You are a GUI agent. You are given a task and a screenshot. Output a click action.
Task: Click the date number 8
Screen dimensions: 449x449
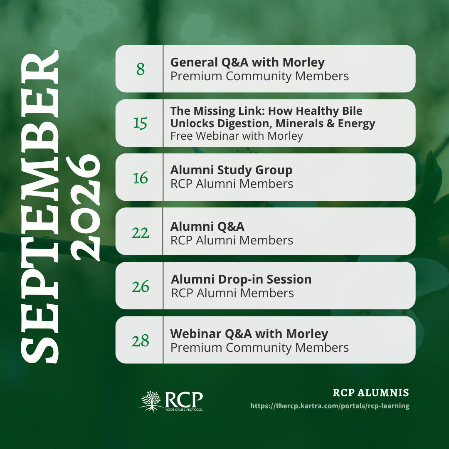(x=141, y=69)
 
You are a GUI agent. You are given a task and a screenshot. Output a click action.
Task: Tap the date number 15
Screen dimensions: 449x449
(x=141, y=123)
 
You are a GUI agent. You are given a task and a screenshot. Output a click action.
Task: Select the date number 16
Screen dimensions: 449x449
(x=141, y=178)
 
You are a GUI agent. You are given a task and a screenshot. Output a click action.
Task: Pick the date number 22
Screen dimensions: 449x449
(x=141, y=232)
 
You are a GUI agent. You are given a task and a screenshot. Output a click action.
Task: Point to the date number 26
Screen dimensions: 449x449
(x=141, y=286)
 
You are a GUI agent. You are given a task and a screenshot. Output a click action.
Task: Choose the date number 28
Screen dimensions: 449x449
(x=141, y=340)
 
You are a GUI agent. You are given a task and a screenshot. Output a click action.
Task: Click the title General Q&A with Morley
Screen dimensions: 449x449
(x=247, y=62)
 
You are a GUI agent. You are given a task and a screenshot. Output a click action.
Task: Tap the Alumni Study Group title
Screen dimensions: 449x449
(x=232, y=170)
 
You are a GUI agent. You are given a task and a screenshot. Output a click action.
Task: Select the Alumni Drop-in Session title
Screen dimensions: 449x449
(x=241, y=279)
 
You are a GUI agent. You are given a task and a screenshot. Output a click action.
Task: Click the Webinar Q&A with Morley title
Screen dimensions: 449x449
(x=249, y=334)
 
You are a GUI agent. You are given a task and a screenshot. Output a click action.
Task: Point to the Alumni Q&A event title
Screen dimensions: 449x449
(x=207, y=227)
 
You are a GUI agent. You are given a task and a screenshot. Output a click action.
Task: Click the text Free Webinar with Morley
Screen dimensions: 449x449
(x=237, y=136)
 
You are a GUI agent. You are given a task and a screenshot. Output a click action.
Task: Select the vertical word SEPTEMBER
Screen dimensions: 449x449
(x=39, y=207)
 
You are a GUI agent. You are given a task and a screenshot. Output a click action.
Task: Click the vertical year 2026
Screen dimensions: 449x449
(x=85, y=208)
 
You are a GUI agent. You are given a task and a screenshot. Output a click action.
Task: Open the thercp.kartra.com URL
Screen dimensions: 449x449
(x=330, y=406)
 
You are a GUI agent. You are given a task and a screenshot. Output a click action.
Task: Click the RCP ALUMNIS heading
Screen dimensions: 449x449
(x=371, y=392)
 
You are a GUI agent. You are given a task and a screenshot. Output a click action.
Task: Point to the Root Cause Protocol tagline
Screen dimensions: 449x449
(x=184, y=410)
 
